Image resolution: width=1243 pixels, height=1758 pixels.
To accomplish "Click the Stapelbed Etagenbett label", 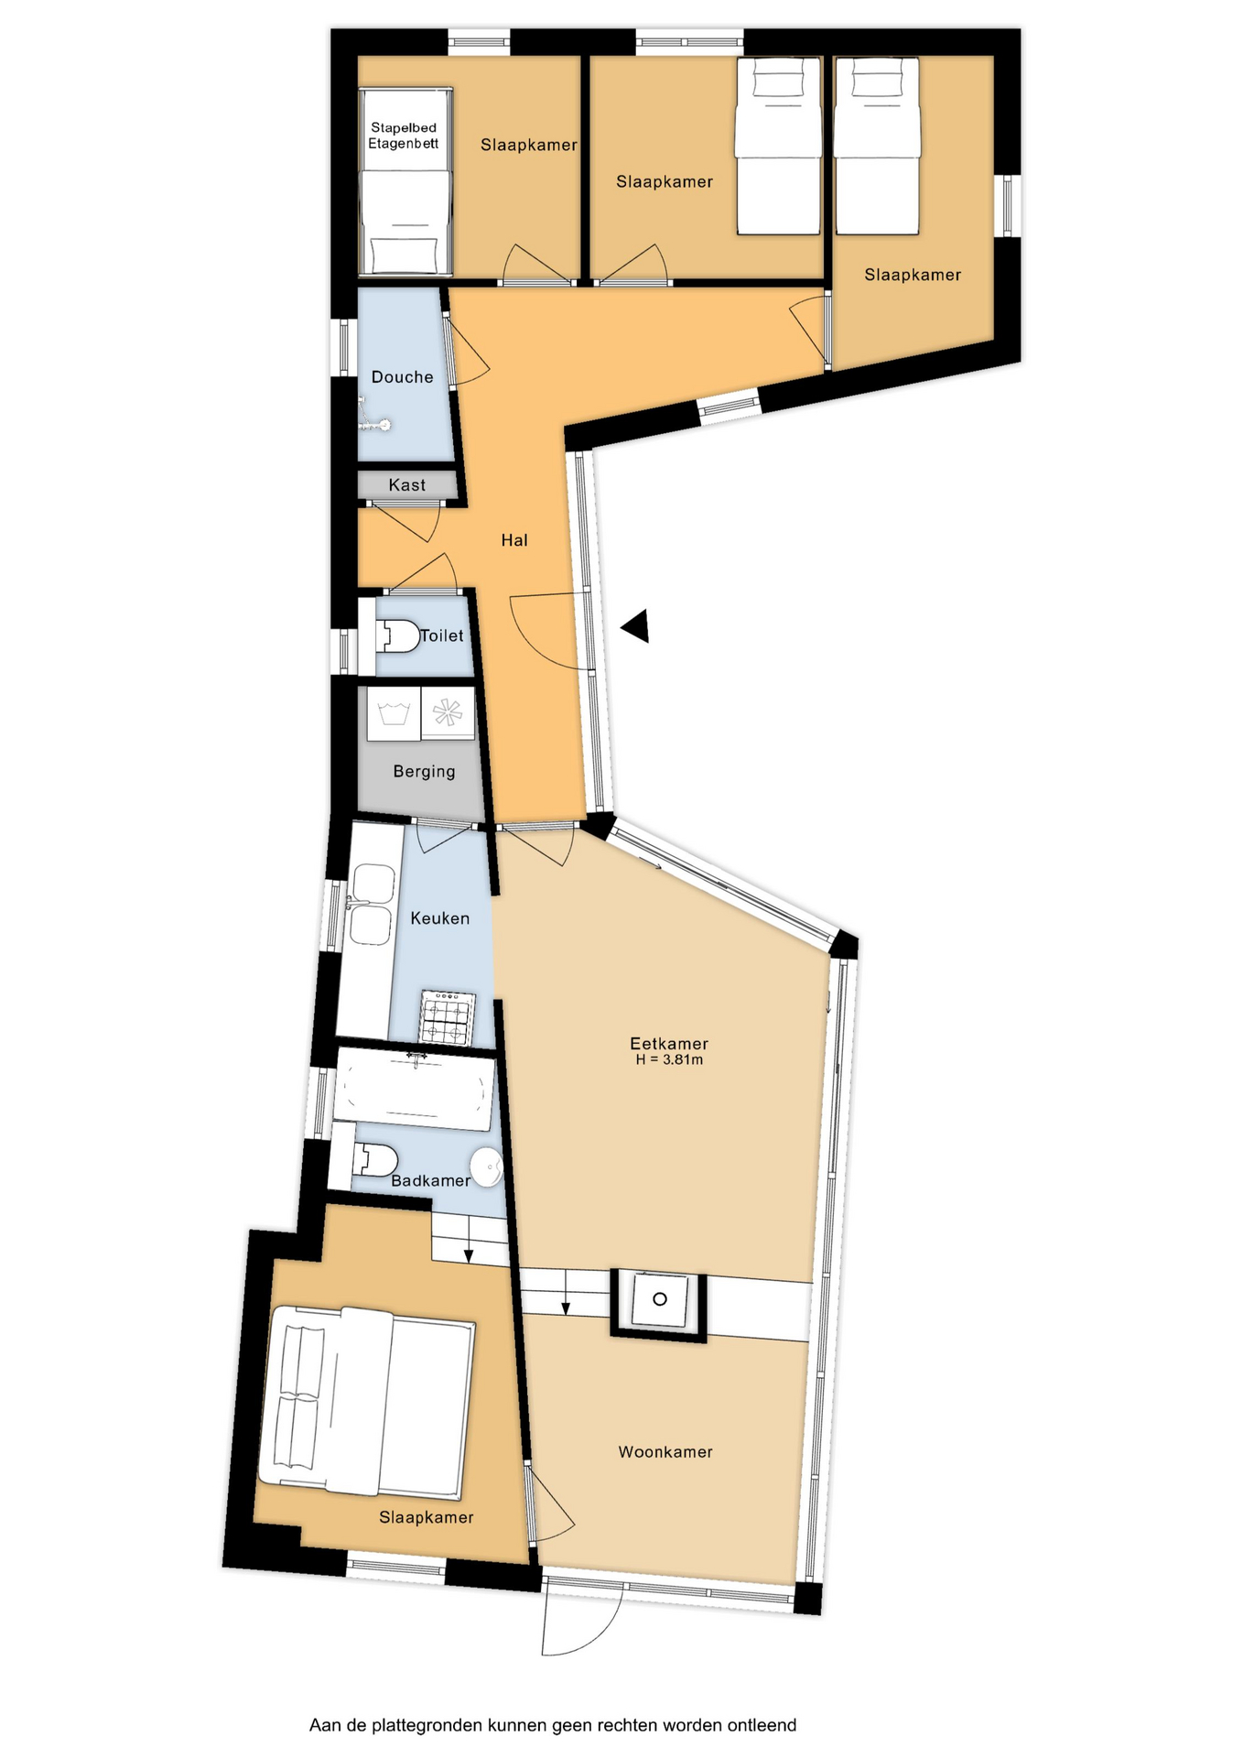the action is (x=404, y=136).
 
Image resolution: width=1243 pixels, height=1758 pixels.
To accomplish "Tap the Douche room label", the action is (x=403, y=376).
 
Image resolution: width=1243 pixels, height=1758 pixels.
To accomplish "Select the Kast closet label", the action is (x=407, y=485).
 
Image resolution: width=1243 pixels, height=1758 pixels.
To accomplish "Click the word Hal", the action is (x=514, y=540).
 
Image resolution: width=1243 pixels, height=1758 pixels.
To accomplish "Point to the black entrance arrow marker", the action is (x=636, y=626).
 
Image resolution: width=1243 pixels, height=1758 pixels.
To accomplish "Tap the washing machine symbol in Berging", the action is (x=394, y=712).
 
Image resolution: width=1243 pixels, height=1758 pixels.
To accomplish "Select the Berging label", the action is (x=424, y=771).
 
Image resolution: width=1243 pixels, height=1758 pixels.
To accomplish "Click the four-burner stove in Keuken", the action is (x=447, y=1018).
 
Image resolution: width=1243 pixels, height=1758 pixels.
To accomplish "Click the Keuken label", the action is (x=440, y=918).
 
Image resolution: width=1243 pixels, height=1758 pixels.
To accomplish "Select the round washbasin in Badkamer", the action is (x=486, y=1167).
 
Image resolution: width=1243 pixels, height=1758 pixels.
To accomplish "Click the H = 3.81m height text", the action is (x=670, y=1060).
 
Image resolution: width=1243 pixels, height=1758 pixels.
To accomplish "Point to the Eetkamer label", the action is (x=669, y=1043).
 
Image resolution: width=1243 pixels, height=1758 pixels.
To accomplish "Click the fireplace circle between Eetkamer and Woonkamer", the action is (x=659, y=1299).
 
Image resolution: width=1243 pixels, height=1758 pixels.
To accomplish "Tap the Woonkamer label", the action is (x=665, y=1451).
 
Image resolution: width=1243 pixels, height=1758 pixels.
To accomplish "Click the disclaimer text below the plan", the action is (x=553, y=1725).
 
